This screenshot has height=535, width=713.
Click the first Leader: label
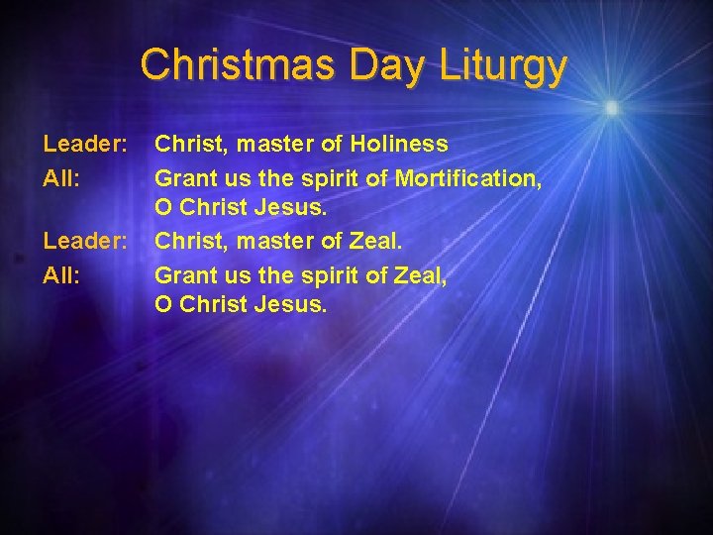[x=84, y=145]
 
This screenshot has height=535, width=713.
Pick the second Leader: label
[x=84, y=241]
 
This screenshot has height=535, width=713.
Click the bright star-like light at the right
[x=611, y=107]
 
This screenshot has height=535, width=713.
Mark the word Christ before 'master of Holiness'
[x=188, y=145]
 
